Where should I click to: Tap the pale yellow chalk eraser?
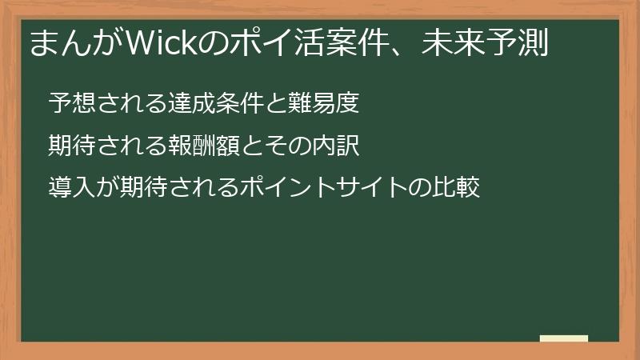coord(564,338)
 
